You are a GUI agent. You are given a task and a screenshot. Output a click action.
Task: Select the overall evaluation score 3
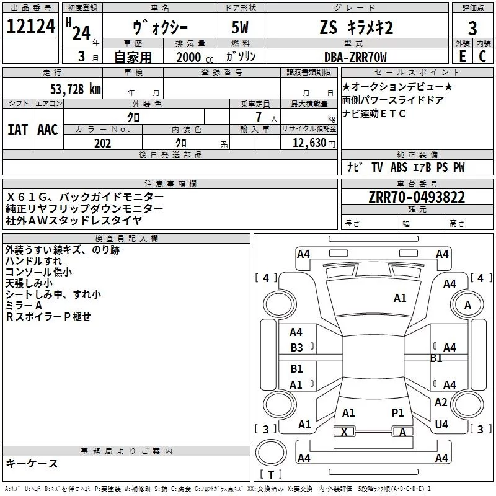472,29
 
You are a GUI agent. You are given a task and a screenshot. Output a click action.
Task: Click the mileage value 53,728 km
75,89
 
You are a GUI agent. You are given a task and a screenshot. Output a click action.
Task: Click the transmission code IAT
17,129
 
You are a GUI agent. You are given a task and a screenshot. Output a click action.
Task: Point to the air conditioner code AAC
47,129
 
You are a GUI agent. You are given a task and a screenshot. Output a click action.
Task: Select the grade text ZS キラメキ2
356,29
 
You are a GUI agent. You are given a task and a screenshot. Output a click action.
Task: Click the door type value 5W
241,29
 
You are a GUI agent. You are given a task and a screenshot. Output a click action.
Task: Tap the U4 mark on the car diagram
441,424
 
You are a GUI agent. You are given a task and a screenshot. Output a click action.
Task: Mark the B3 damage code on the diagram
296,348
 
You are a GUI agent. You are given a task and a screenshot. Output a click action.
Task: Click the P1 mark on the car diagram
397,412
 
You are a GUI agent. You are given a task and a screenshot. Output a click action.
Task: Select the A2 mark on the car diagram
441,402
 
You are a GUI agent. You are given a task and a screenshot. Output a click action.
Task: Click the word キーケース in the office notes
32,463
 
